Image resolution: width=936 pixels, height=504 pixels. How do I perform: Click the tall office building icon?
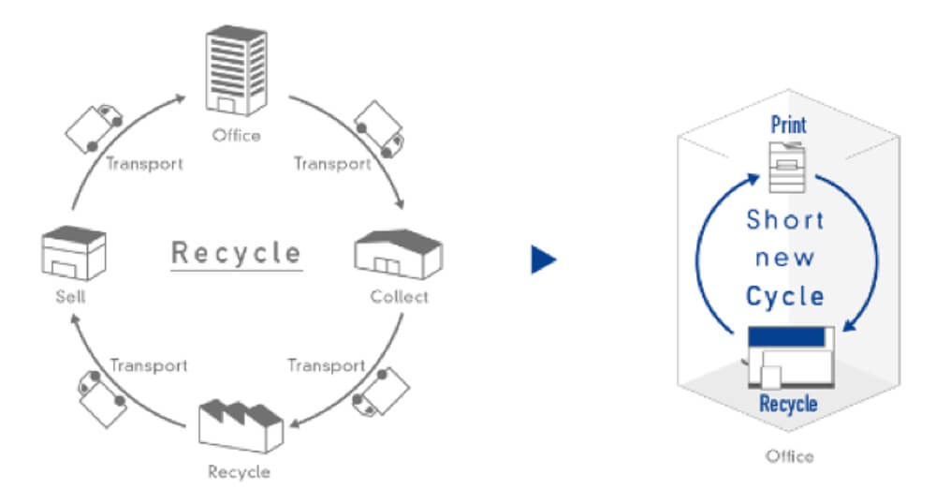click(x=237, y=70)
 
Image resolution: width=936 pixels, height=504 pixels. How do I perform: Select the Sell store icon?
click(x=74, y=253)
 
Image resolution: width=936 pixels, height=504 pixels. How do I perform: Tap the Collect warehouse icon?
click(x=398, y=255)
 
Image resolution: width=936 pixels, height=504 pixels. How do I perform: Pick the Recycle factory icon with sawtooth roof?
click(x=241, y=426)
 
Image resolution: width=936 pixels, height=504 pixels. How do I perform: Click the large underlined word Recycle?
click(x=237, y=253)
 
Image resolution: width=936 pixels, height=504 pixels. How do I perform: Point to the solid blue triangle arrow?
click(x=544, y=259)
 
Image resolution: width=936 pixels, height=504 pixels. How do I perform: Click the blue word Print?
click(x=788, y=125)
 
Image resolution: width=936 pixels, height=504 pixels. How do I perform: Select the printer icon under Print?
click(x=787, y=167)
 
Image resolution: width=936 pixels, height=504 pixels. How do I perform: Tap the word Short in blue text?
click(x=785, y=220)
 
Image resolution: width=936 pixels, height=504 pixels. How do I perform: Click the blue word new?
click(x=784, y=259)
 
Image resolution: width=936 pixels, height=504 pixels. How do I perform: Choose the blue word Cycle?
click(x=785, y=296)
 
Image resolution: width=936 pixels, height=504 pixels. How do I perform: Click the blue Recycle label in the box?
click(x=788, y=404)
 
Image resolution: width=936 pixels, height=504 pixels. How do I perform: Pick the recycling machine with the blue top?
click(x=790, y=357)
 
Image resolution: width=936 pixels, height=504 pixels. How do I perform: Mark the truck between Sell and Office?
click(x=94, y=127)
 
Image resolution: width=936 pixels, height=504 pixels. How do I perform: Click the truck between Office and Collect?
click(x=379, y=129)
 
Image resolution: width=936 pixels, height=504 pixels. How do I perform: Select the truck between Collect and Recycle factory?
click(x=380, y=392)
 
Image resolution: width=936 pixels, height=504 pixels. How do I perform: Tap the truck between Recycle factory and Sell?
click(x=101, y=398)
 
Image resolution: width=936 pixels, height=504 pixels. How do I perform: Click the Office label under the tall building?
click(x=237, y=136)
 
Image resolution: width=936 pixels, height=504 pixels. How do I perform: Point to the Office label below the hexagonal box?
click(x=789, y=457)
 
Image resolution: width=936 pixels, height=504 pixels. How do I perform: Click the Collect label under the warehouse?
click(x=399, y=297)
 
